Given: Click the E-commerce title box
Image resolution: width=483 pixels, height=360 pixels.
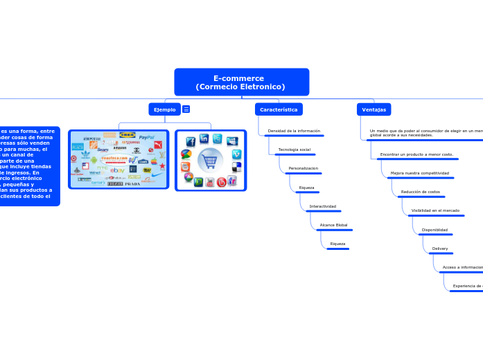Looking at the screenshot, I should (241, 82).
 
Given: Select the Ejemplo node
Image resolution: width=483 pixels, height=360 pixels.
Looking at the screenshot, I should (164, 109).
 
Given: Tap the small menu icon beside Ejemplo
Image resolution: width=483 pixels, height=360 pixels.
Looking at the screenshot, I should (186, 109).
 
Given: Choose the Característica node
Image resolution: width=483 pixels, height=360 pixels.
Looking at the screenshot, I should (279, 109).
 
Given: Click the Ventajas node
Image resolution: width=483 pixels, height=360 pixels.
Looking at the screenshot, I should (374, 109).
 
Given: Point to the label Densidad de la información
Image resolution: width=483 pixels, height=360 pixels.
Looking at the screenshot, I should (294, 131).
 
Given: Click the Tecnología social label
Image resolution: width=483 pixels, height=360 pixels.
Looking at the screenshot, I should (294, 150).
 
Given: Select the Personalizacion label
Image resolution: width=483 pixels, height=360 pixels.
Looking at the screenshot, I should (303, 168).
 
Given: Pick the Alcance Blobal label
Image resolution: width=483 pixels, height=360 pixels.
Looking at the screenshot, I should (333, 225).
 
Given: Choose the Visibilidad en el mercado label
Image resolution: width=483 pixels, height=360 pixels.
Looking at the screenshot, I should (435, 210).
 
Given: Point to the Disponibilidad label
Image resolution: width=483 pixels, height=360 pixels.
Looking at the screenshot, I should (434, 230).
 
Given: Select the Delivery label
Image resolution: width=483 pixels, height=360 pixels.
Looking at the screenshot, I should (440, 249).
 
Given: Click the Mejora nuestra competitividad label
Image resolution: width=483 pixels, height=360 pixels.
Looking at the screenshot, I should (419, 173).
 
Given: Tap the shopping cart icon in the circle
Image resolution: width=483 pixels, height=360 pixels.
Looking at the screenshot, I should (211, 161).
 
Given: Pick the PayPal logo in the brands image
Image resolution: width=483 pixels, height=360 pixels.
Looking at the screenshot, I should (146, 138).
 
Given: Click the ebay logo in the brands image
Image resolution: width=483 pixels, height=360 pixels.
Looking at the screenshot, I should (117, 170).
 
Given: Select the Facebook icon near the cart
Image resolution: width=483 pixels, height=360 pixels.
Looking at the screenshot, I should (191, 141).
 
